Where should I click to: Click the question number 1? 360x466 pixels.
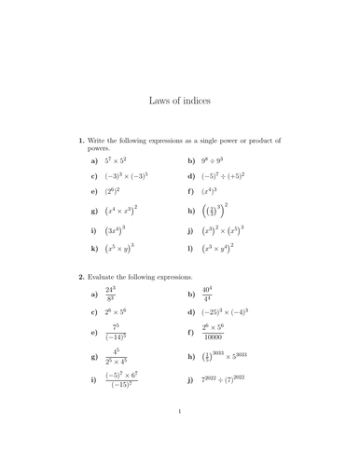[x=81, y=141]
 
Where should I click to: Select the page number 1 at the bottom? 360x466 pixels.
[x=179, y=436]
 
